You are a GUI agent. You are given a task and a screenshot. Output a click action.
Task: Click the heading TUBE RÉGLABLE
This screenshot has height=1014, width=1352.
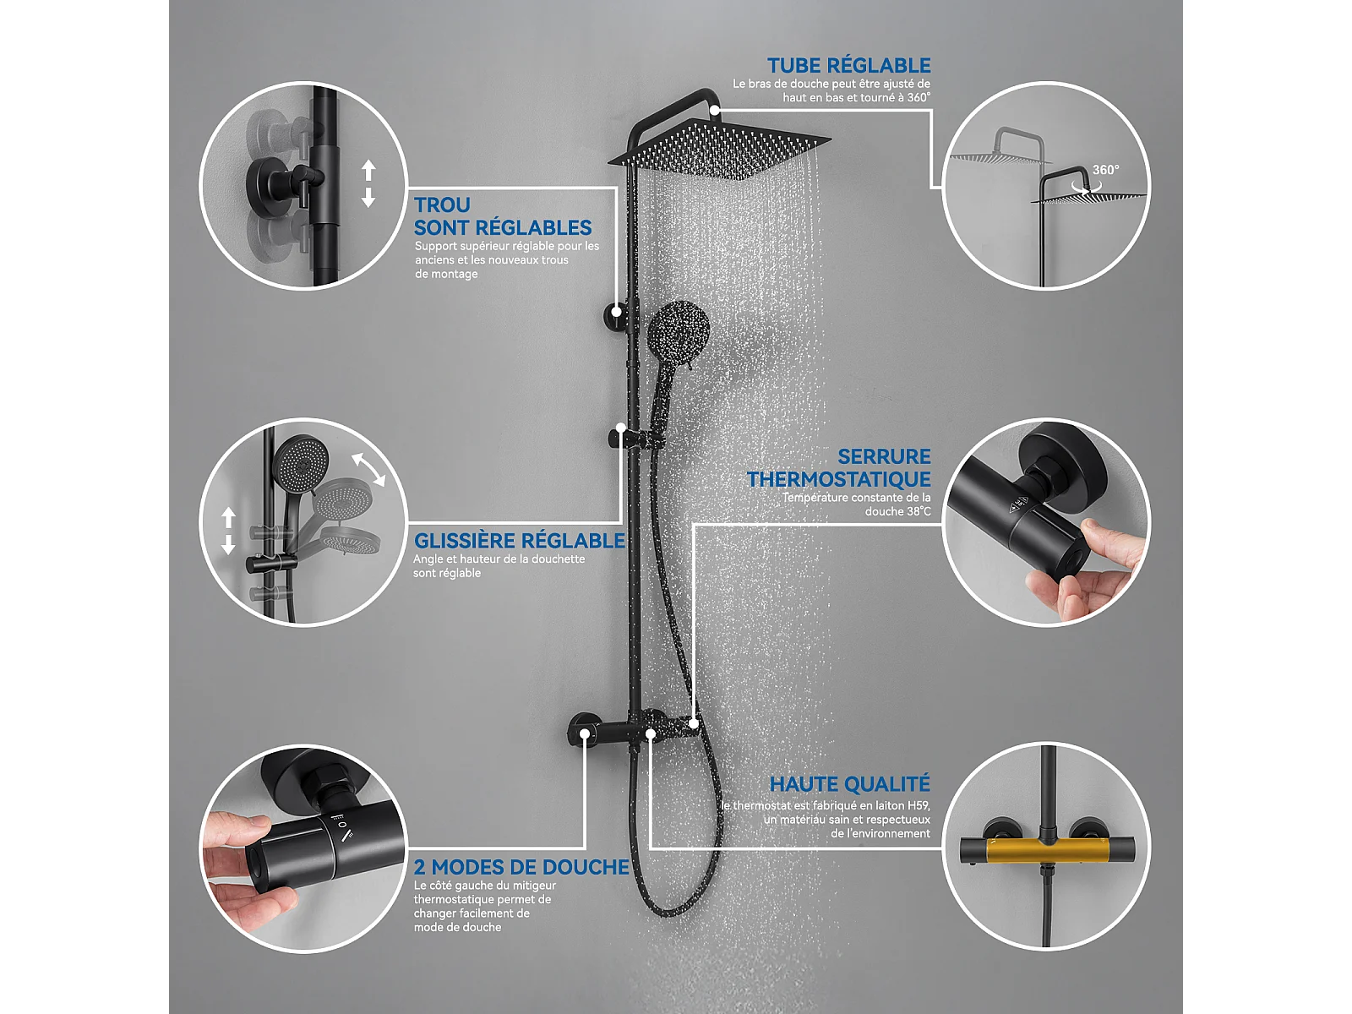tap(848, 65)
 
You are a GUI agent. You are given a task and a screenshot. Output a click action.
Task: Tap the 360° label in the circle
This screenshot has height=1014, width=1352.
tap(1105, 170)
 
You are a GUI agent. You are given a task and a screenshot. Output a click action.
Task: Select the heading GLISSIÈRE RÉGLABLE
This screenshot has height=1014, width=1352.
tap(519, 541)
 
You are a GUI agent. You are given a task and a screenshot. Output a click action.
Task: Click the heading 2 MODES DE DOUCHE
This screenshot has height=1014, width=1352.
tap(521, 867)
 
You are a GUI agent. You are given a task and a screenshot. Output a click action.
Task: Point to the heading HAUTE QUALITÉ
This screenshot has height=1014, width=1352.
tap(849, 784)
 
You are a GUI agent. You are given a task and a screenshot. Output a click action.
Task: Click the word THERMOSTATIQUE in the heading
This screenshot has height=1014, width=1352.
tap(839, 479)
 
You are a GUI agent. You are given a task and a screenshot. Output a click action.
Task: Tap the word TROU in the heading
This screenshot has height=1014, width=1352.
tap(442, 204)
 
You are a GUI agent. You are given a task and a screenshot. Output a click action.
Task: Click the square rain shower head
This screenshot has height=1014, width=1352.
tap(719, 150)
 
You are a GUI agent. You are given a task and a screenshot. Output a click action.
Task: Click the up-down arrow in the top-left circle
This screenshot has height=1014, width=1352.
tap(368, 183)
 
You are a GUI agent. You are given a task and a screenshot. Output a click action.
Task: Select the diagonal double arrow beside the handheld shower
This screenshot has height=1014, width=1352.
tap(368, 470)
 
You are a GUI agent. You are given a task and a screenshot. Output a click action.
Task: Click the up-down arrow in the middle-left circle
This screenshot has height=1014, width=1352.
tap(228, 531)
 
